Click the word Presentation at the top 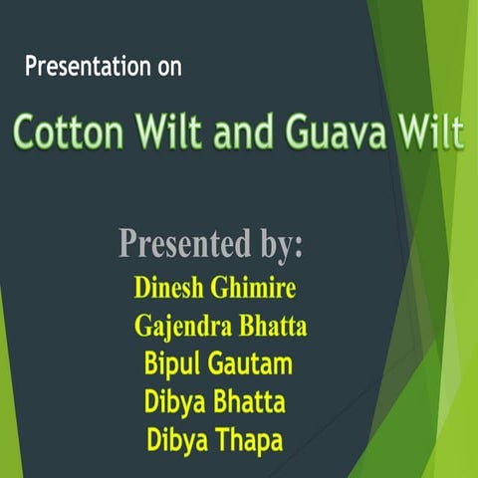pyautogui.click(x=88, y=69)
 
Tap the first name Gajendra pyautogui.click(x=181, y=327)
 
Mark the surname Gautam pyautogui.click(x=251, y=364)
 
